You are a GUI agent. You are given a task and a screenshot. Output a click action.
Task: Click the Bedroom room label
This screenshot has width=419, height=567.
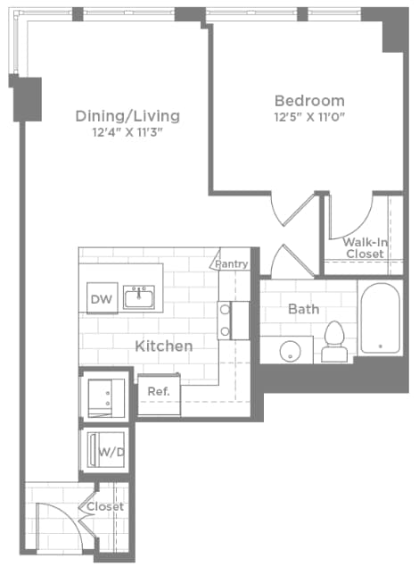tap(308, 100)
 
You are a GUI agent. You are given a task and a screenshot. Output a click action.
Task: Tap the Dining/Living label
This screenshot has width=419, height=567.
tap(127, 116)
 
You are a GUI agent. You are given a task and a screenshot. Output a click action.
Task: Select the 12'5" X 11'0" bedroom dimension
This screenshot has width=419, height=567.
tap(308, 116)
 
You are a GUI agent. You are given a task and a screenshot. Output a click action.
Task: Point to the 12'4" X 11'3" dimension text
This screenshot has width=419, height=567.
tap(127, 132)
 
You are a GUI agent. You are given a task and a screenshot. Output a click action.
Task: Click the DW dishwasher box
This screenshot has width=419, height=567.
tap(101, 299)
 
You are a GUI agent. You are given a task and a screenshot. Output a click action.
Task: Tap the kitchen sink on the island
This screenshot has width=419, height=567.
tap(138, 296)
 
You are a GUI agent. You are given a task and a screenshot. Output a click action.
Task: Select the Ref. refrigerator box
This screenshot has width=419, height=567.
tap(159, 391)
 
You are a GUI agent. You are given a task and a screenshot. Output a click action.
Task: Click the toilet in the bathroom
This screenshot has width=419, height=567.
tap(335, 342)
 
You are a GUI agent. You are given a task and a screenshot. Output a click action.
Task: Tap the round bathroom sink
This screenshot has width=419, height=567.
tap(289, 350)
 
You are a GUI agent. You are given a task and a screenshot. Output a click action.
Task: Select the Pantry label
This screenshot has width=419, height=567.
tap(230, 263)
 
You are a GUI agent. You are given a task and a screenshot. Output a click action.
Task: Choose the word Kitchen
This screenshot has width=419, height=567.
tap(163, 345)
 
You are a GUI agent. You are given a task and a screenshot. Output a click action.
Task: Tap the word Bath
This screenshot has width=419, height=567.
tap(303, 309)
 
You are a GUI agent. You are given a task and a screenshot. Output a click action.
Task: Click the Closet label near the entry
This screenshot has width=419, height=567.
tap(105, 506)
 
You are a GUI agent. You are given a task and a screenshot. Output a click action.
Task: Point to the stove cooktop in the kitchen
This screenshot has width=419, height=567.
tap(226, 320)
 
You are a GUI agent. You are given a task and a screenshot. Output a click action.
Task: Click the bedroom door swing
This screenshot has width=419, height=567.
tap(294, 207)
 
